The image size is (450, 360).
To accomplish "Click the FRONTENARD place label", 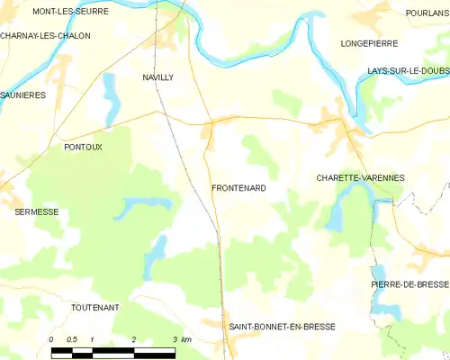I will [x=238, y=188].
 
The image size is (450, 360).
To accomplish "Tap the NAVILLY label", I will [x=157, y=77].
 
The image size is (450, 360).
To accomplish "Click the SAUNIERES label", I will [x=22, y=94].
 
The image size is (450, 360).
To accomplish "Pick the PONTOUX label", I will [x=83, y=146].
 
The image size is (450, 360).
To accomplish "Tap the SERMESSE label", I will [x=37, y=211].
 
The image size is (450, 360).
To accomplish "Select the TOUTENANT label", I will [x=94, y=307].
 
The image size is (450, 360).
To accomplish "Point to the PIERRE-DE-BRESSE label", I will [x=409, y=283].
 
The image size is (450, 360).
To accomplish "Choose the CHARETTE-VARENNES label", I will [x=360, y=178].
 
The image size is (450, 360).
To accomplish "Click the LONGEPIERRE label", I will [x=370, y=42].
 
